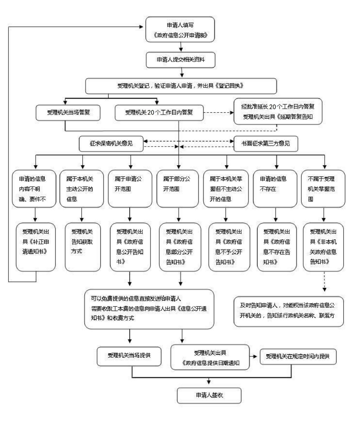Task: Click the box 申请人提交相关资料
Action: coord(180,60)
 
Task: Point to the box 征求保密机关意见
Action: coord(111,143)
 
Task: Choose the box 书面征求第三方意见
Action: coord(266,143)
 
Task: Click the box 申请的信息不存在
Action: coord(275,189)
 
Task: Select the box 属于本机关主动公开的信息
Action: coord(82,189)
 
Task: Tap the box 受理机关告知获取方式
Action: coord(82,247)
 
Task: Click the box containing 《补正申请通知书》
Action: coord(36,247)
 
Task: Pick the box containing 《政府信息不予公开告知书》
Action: coord(229,247)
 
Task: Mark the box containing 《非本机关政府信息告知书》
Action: coord(323,247)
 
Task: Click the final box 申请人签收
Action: coord(209,395)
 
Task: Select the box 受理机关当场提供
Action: coord(129,356)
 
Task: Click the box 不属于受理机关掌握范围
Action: coord(323,189)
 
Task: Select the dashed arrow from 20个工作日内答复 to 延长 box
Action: coord(218,113)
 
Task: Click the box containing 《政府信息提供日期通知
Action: coord(210,357)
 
